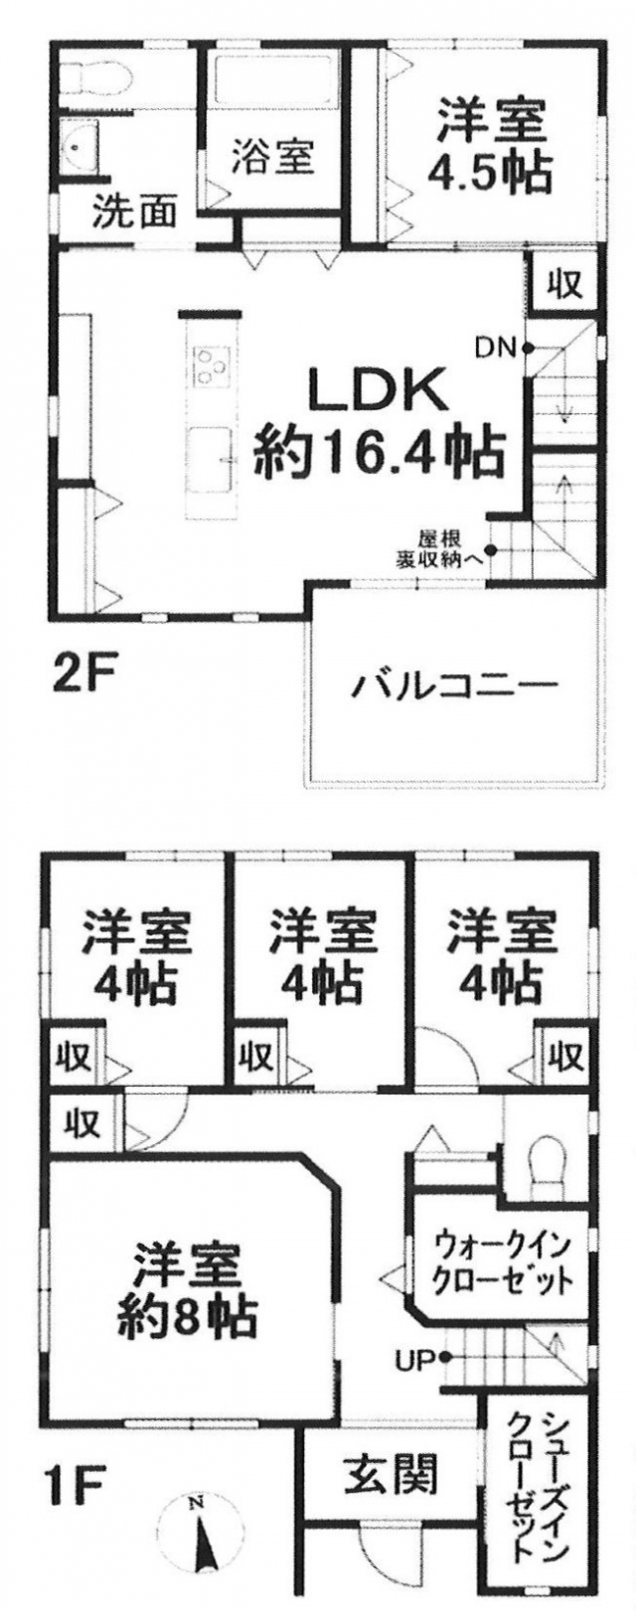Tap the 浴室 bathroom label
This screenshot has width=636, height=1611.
pyautogui.click(x=273, y=157)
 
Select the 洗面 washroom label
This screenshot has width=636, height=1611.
pyautogui.click(x=135, y=213)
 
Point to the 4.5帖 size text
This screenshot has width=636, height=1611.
pyautogui.click(x=489, y=174)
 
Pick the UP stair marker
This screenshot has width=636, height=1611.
pyautogui.click(x=416, y=1358)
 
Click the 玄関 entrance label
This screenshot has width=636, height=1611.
pyautogui.click(x=391, y=1476)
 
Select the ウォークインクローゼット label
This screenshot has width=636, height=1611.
pyautogui.click(x=503, y=1260)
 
